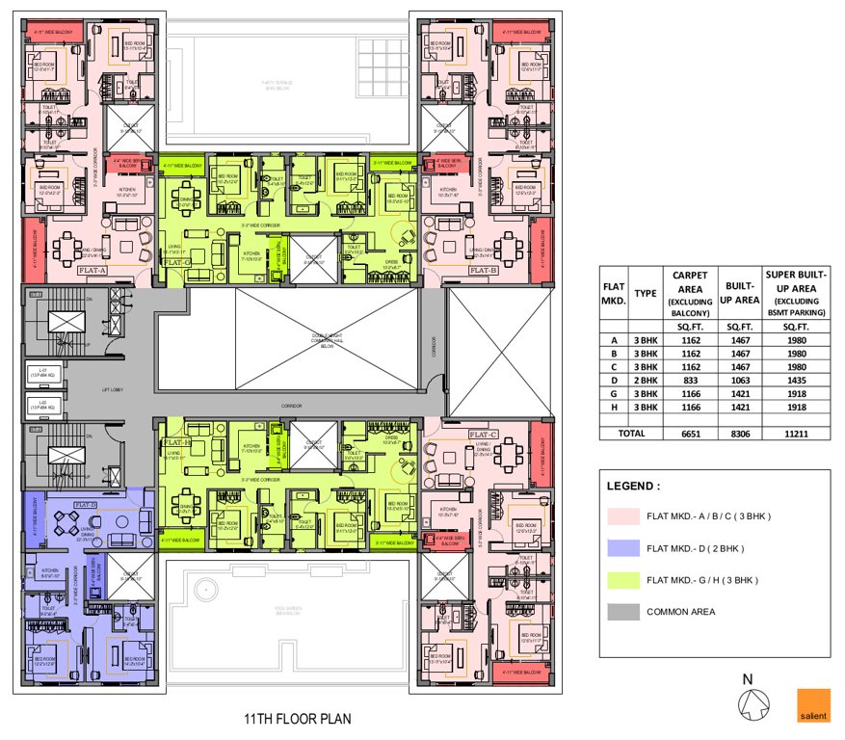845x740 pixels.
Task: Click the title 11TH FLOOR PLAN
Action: pyautogui.click(x=297, y=719)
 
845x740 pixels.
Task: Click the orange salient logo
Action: pyautogui.click(x=812, y=705)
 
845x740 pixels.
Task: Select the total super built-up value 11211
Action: pyautogui.click(x=795, y=435)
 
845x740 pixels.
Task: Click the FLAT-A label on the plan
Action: pyautogui.click(x=92, y=272)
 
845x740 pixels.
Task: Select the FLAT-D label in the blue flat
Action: pyautogui.click(x=85, y=504)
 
